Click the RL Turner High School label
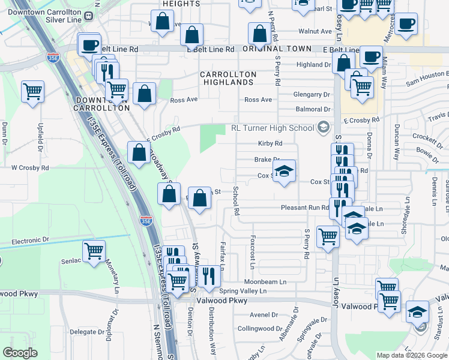[273, 128]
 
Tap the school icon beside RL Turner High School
[324, 127]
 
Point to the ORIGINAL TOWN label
[277, 49]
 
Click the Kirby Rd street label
[270, 143]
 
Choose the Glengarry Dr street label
[312, 94]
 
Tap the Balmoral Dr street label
[313, 110]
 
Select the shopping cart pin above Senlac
[94, 251]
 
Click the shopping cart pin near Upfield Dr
[32, 92]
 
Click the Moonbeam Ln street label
[265, 281]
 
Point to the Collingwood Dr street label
[260, 328]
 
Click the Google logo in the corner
[20, 353]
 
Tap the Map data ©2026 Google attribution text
[412, 355]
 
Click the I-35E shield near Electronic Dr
[146, 220]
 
